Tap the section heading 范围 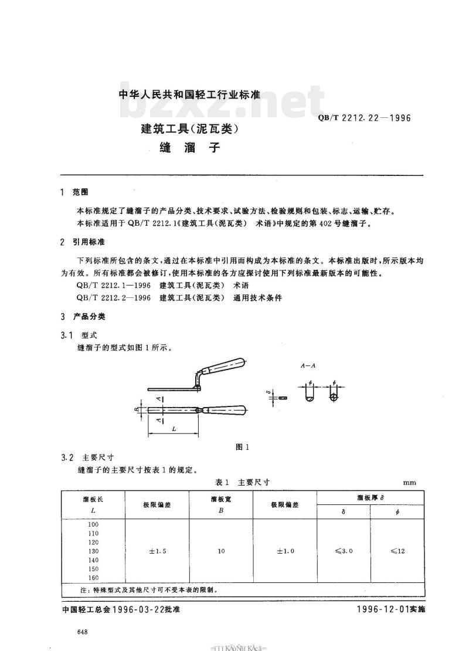(x=80, y=192)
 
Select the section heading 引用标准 (x=89, y=242)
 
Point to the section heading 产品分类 (x=89, y=317)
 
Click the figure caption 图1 (x=242, y=446)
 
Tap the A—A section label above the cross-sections (x=308, y=365)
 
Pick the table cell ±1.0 (x=285, y=551)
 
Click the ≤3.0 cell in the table (x=344, y=551)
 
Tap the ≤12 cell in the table (x=397, y=551)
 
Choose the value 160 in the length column (x=94, y=578)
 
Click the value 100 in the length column (x=94, y=524)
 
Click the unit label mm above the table (x=409, y=483)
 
